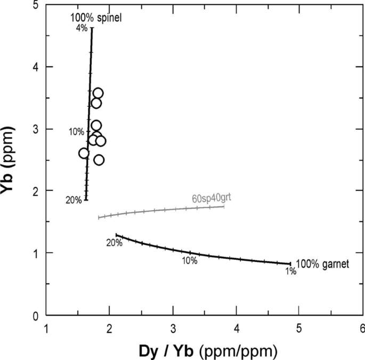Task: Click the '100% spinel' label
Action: click(96, 19)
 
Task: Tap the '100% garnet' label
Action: click(322, 263)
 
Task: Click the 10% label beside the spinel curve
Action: click(76, 132)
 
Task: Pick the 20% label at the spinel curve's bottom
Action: click(74, 200)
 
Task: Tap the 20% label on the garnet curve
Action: click(114, 243)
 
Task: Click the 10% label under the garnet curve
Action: click(190, 261)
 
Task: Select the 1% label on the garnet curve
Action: click(290, 271)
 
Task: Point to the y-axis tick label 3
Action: click(35, 130)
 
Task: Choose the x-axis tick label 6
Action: click(362, 327)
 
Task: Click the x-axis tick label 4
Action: click(236, 327)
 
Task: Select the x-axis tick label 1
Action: click(46, 327)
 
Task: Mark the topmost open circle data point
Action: click(98, 93)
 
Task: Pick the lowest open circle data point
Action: click(99, 159)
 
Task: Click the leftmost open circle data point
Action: click(84, 153)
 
